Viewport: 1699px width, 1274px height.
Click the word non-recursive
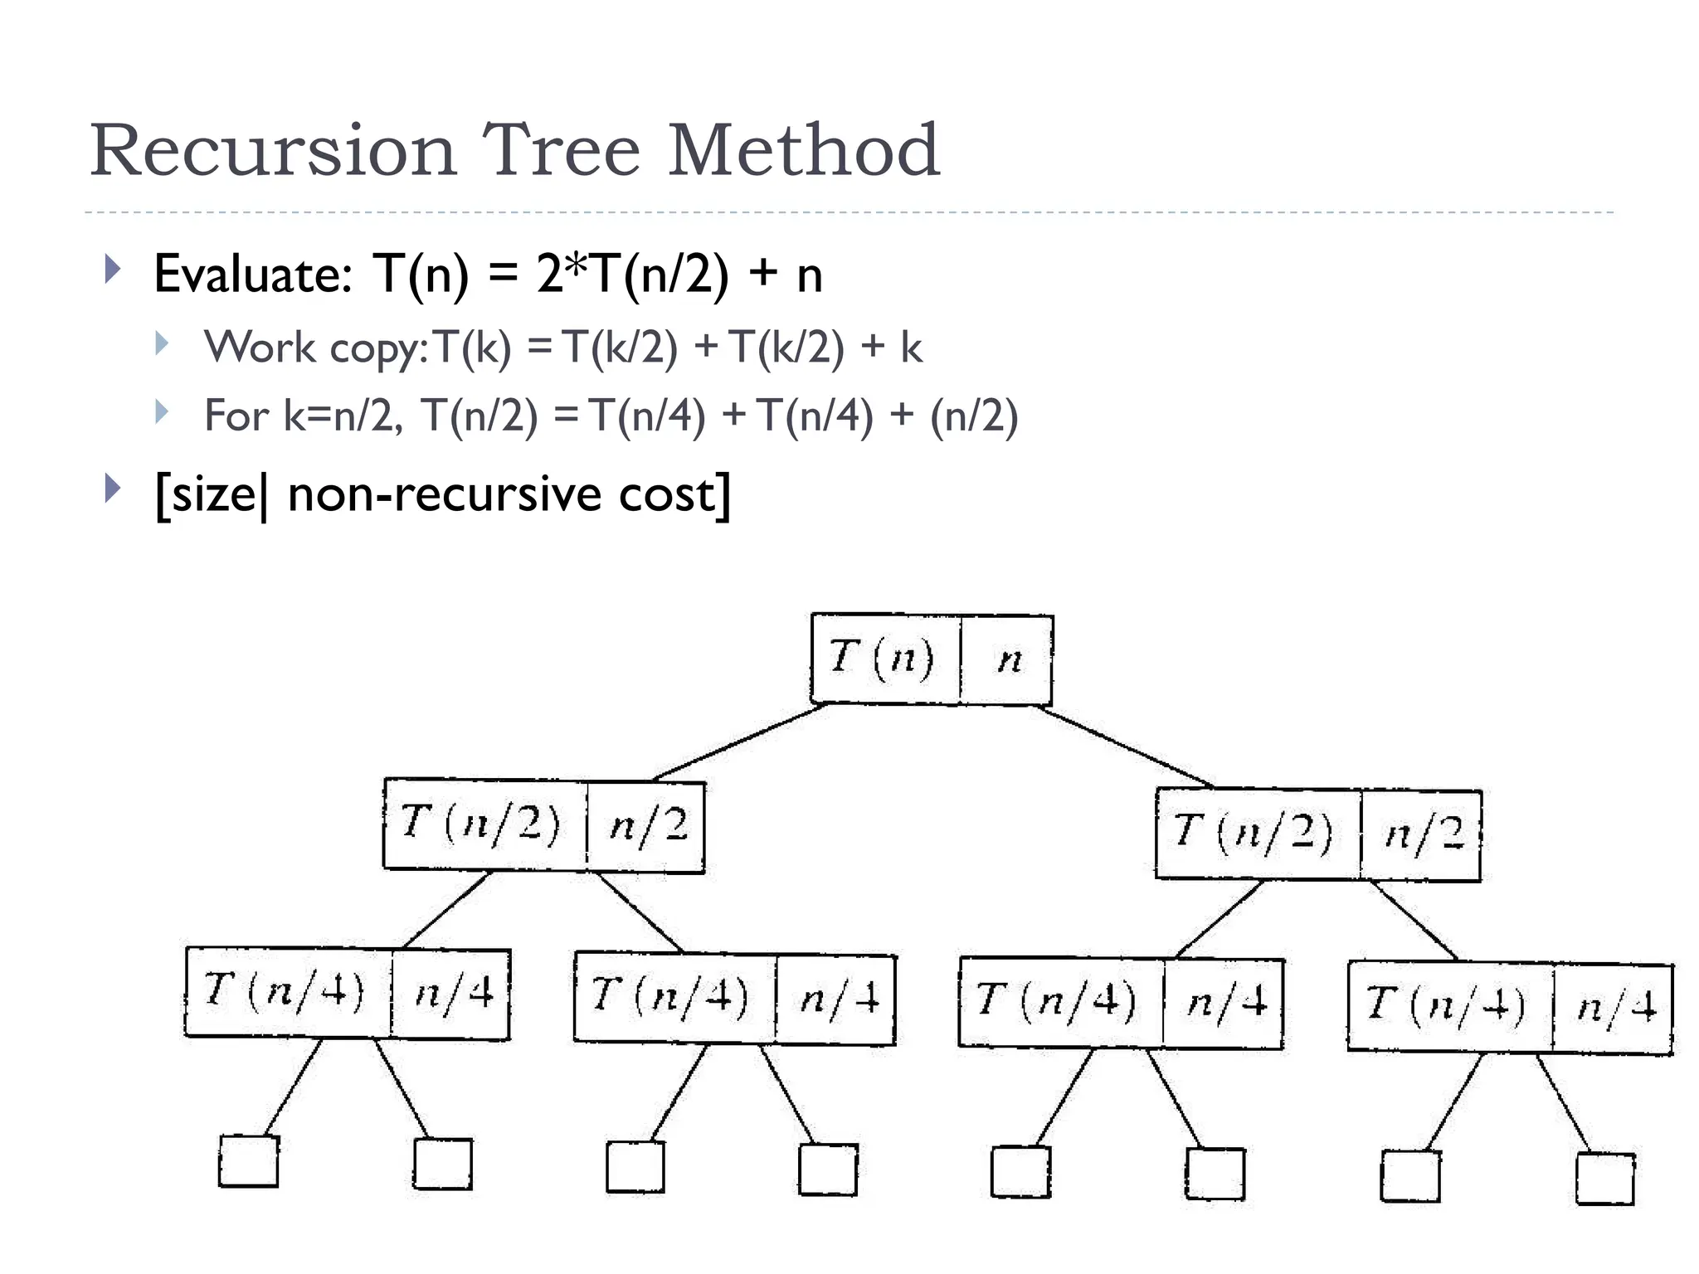pyautogui.click(x=443, y=494)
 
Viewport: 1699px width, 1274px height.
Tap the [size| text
pyautogui.click(x=211, y=495)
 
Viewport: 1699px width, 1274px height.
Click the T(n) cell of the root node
pyautogui.click(x=884, y=659)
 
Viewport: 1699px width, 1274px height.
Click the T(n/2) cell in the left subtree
pyautogui.click(x=484, y=824)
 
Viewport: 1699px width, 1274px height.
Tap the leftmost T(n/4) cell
pyautogui.click(x=287, y=991)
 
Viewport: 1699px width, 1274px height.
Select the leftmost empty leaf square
pyautogui.click(x=248, y=1161)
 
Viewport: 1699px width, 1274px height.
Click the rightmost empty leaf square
pyautogui.click(x=1604, y=1178)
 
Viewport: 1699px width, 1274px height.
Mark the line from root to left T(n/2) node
pyautogui.click(x=738, y=742)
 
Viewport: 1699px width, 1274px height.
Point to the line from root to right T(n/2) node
pyautogui.click(x=1124, y=746)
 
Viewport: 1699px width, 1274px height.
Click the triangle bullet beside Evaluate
pyautogui.click(x=114, y=269)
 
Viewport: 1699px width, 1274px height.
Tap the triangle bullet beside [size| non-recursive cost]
pyautogui.click(x=114, y=489)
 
